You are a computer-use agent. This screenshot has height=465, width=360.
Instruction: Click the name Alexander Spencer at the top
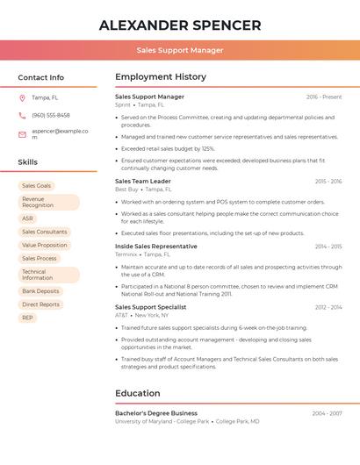tap(179, 25)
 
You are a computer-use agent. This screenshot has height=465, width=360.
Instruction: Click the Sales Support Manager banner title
tap(179, 50)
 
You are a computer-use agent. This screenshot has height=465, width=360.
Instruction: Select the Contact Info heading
tap(40, 77)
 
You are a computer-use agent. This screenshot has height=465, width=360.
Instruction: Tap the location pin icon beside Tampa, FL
tap(22, 97)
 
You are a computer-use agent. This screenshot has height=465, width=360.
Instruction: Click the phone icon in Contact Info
tap(22, 115)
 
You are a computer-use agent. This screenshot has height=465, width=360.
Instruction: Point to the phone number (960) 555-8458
tap(51, 115)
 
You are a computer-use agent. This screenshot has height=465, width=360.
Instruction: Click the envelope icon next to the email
tap(22, 134)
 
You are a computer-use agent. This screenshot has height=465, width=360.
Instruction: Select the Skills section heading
tap(27, 162)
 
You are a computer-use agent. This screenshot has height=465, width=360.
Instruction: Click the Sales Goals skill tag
tap(37, 186)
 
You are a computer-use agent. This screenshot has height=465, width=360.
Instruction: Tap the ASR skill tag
tap(27, 218)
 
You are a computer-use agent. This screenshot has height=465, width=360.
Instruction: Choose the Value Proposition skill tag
tap(44, 245)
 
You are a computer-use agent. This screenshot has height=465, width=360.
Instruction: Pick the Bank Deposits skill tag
tap(40, 291)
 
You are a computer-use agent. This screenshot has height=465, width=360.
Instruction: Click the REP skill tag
tap(27, 318)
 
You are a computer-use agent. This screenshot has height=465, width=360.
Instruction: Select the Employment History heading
tap(160, 77)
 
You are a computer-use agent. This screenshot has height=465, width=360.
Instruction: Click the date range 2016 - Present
tap(324, 97)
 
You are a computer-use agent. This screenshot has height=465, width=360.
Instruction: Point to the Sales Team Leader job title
tap(143, 181)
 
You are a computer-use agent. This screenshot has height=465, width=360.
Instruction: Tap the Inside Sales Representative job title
tap(156, 247)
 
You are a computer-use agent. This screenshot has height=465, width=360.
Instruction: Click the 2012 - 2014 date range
tap(328, 307)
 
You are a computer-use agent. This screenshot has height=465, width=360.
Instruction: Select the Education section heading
tap(138, 393)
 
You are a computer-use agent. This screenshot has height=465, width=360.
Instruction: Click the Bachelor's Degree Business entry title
tap(156, 412)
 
